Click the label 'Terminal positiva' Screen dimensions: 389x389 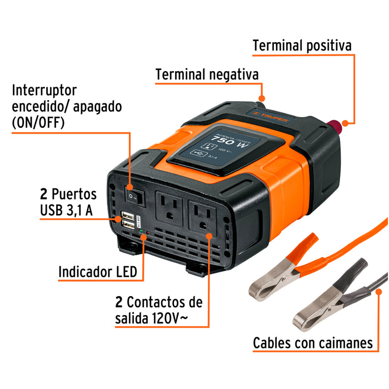pos(302,45)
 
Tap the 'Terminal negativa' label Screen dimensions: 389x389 pos(207,74)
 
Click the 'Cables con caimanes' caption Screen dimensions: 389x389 pos(313,343)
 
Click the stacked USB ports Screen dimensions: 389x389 pos(127,220)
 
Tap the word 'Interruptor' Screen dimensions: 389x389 pos(44,90)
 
